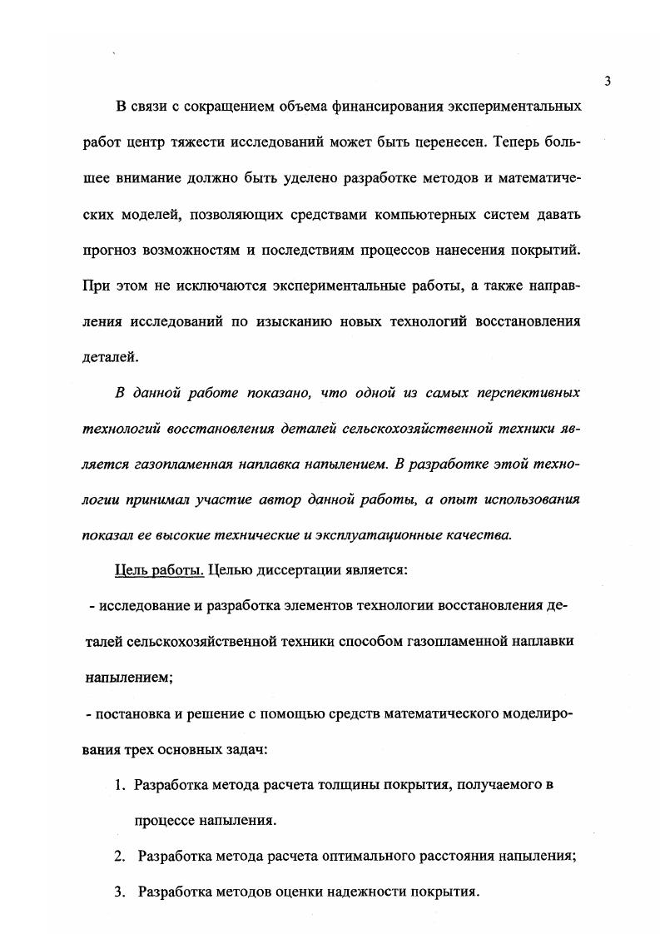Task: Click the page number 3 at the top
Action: click(608, 81)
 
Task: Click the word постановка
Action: click(136, 714)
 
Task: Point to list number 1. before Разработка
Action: click(120, 785)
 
